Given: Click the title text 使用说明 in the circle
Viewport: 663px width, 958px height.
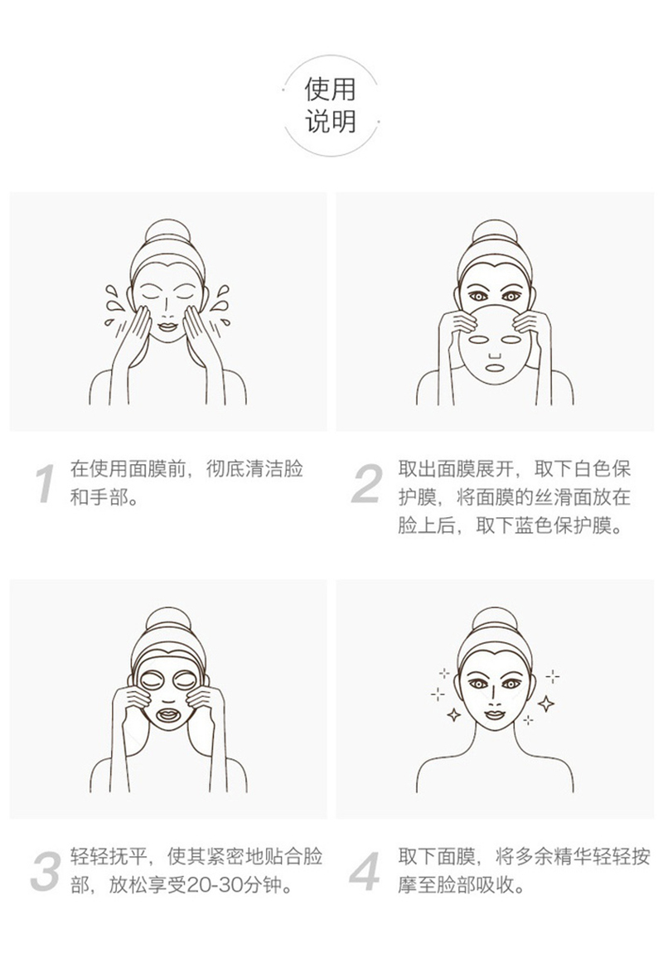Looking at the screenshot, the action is point(331,105).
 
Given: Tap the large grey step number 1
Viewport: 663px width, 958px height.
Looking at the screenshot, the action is point(45,484).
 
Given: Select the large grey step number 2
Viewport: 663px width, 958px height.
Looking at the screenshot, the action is point(368,483).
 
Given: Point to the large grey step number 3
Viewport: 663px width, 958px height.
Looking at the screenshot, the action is point(46,871).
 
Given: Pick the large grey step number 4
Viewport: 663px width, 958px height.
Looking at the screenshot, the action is point(365,871).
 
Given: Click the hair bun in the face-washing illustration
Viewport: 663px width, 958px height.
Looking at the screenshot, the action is point(167,234).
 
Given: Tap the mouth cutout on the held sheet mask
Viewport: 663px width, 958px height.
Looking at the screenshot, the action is point(494,368).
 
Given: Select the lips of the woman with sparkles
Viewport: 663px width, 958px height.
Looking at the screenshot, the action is point(494,714).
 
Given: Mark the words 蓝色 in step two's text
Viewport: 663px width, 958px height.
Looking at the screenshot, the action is point(534,525).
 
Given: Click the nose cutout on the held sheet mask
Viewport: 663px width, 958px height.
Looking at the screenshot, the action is point(494,355).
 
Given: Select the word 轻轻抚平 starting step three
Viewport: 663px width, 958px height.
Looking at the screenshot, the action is point(109,857).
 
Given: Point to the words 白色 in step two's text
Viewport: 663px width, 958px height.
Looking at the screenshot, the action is point(573,469).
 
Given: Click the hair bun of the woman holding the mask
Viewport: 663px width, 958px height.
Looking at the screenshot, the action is point(495,234).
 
